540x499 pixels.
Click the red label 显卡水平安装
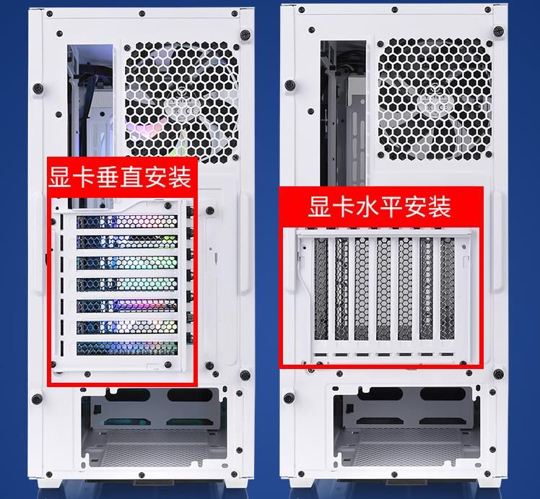coord(380,207)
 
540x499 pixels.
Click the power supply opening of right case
coord(412,426)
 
